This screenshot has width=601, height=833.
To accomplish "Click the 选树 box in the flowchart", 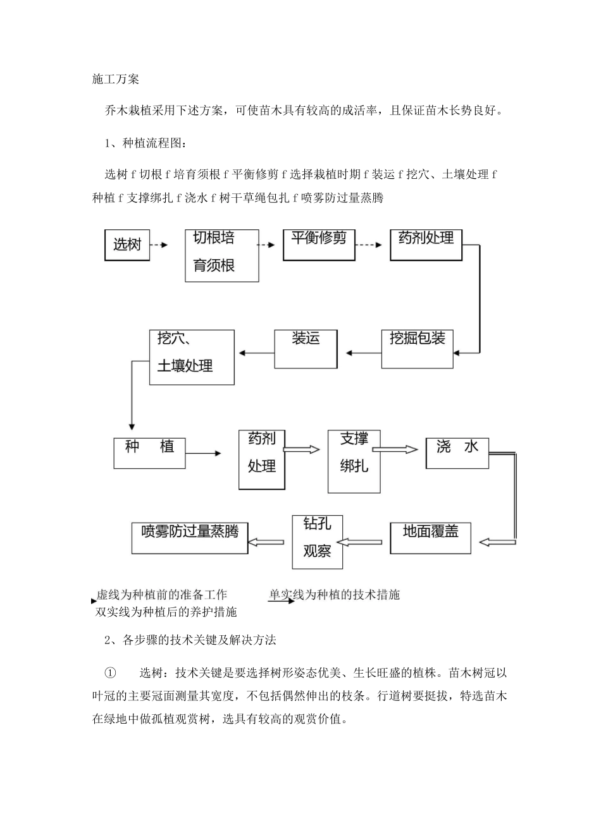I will point(127,245).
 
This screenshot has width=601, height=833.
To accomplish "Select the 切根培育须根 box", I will point(221,255).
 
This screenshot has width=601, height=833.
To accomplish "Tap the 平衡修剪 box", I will point(319,245).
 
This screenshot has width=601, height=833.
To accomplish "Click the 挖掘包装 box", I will point(418,348).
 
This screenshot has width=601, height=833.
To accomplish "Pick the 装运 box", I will point(306,349).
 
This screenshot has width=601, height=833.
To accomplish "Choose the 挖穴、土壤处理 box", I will point(192,357).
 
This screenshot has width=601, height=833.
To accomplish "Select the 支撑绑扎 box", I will point(354,461).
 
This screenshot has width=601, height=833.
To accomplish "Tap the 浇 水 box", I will point(457,453).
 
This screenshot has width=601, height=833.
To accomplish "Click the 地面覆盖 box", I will point(430,537).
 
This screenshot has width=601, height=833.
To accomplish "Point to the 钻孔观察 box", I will point(317,542).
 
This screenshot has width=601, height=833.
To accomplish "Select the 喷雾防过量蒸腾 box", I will point(190,537).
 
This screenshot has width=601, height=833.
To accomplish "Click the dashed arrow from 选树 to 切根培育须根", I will point(159,245).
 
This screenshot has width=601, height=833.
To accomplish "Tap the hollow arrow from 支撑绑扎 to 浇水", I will point(395,449).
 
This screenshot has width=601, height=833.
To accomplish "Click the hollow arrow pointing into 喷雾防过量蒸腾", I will point(266,542).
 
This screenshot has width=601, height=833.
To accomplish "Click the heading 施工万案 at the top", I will point(116,79).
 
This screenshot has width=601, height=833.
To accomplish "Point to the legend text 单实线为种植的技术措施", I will point(334,594).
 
